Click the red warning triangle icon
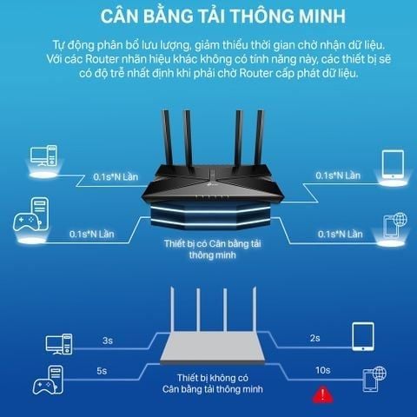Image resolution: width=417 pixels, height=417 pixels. [322, 395]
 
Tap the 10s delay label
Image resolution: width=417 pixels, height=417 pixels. [323, 370]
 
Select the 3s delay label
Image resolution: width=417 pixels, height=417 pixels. [108, 341]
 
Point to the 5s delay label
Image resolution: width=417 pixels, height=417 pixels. [102, 371]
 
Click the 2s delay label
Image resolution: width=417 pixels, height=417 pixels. [314, 338]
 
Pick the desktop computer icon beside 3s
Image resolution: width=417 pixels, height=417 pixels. [59, 344]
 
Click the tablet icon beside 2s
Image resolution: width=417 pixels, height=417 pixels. [363, 337]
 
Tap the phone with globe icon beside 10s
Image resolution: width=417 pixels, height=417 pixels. [374, 379]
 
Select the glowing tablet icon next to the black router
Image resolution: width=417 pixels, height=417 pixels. [393, 164]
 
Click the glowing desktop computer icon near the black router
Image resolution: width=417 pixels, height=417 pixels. [43, 156]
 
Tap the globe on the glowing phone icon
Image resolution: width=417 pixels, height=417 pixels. [400, 220]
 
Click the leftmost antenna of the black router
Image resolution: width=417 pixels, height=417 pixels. [168, 137]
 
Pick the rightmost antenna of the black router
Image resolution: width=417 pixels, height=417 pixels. [259, 137]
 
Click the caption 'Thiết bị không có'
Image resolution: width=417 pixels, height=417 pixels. [213, 378]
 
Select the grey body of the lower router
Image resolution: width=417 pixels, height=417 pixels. [213, 347]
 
